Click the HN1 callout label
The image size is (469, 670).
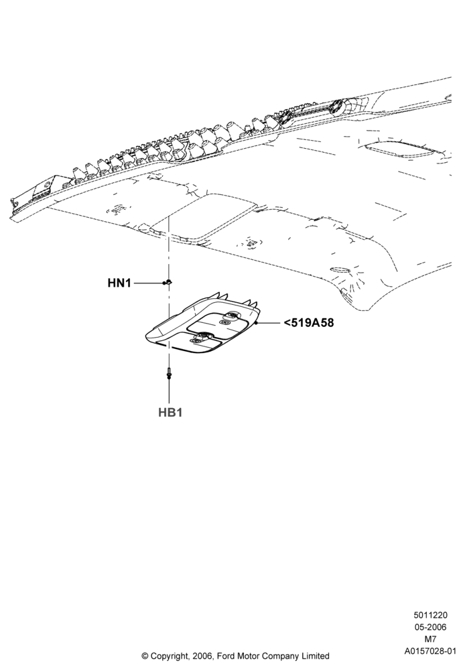[x=119, y=283]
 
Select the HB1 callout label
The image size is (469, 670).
[x=170, y=412]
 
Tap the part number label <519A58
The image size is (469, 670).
[x=308, y=323]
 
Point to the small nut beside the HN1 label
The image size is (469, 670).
[x=168, y=282]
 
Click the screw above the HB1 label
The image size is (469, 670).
[x=170, y=373]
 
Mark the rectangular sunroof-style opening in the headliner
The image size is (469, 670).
[x=203, y=215]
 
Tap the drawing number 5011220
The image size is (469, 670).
[x=430, y=615]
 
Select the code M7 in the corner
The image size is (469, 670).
[x=431, y=639]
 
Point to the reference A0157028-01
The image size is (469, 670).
[x=431, y=651]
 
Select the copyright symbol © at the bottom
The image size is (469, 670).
[x=144, y=656]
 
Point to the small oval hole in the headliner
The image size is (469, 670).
[x=340, y=269]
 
